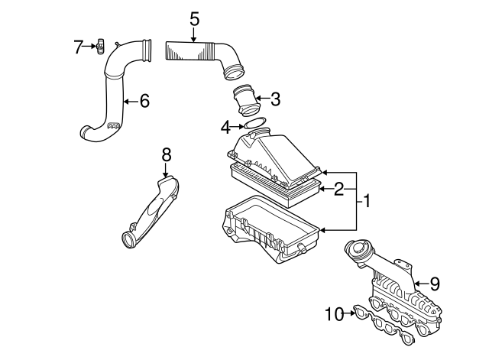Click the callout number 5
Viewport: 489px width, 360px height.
click(194, 19)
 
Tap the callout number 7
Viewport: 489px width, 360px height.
click(78, 47)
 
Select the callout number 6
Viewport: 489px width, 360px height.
click(144, 101)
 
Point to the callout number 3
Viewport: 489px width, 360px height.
click(275, 99)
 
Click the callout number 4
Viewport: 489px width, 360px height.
click(226, 128)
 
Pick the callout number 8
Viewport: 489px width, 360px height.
click(167, 154)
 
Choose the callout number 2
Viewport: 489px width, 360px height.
click(338, 189)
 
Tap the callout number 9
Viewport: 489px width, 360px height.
click(434, 284)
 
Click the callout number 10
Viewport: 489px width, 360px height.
click(334, 314)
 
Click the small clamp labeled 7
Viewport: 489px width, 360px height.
click(100, 47)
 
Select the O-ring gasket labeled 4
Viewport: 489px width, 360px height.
click(254, 122)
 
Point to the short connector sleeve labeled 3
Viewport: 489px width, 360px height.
click(246, 99)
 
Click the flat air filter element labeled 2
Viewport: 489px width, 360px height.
click(275, 186)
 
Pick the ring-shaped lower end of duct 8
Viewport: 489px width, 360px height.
click(128, 241)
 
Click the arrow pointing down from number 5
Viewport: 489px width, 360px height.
click(193, 34)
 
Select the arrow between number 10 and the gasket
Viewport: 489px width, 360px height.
click(349, 313)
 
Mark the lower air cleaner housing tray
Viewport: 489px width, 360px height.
click(270, 229)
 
